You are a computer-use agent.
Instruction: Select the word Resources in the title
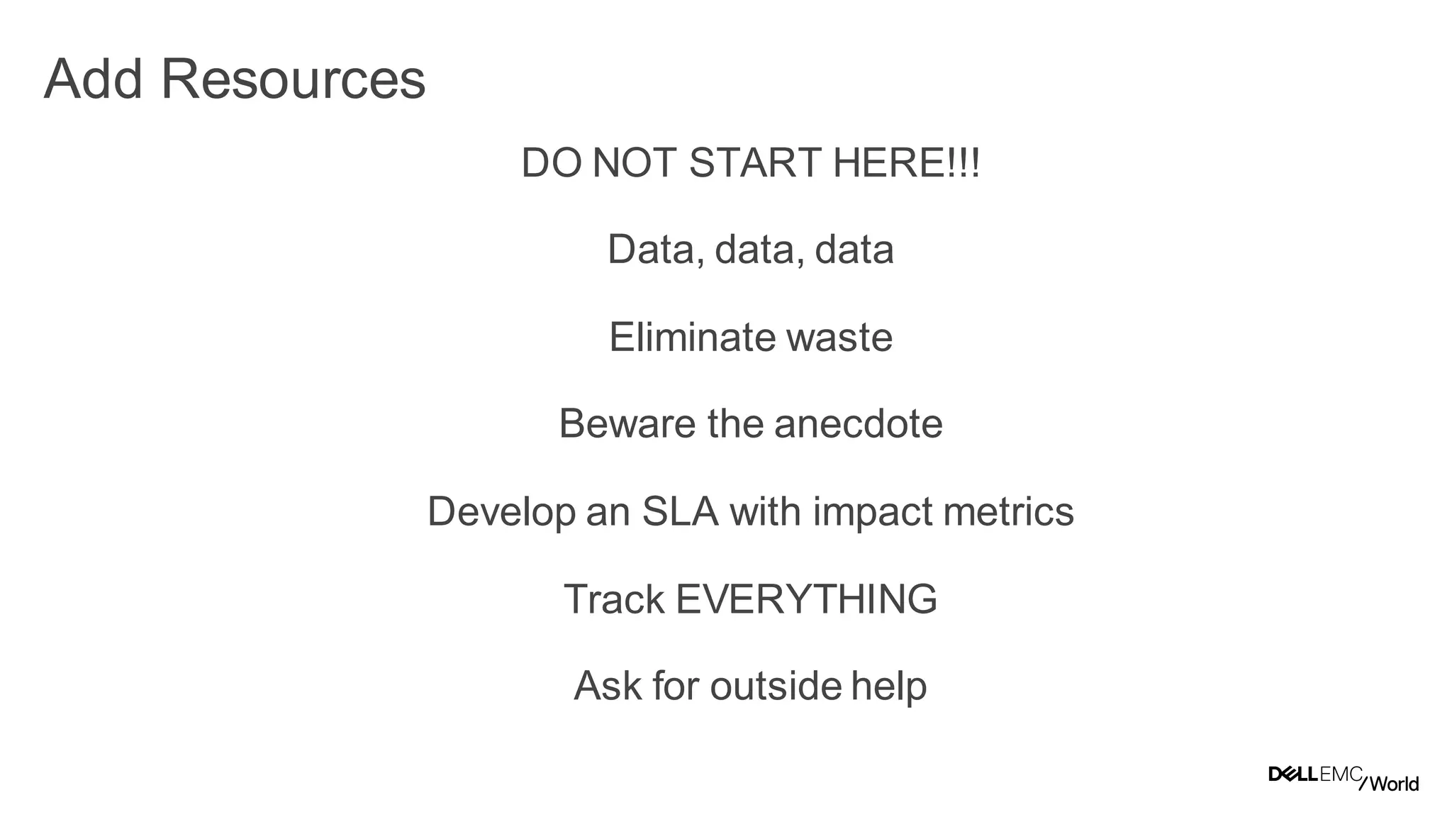(293, 79)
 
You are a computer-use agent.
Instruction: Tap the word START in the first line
(754, 162)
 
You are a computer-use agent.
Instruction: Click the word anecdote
(859, 424)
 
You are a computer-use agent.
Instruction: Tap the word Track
(614, 599)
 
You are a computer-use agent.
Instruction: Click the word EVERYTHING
(807, 599)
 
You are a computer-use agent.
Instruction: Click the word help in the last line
(889, 687)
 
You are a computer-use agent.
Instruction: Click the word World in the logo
(1394, 784)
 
